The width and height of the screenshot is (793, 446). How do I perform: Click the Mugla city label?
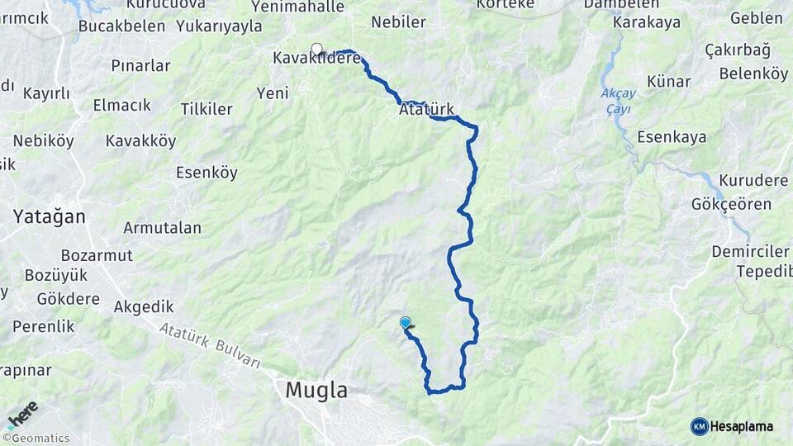coord(316,390)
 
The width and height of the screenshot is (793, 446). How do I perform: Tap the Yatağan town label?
coord(49,216)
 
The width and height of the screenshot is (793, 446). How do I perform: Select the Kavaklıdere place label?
coord(317,58)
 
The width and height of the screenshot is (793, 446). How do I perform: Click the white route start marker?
coord(316,49)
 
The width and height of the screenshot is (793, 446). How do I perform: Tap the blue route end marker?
coord(405,323)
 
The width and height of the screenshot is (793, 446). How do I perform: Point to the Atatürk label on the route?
coord(426,109)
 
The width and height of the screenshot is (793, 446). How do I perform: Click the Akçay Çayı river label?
coord(618,101)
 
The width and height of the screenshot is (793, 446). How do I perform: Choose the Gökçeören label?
coord(733,204)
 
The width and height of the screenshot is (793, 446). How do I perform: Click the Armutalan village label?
coord(162,227)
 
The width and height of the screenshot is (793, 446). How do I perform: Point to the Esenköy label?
coord(207,173)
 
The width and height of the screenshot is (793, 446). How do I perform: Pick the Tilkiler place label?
coord(206,109)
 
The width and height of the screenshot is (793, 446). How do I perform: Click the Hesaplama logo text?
coord(741,426)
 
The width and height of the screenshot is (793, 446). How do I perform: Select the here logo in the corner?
coord(22,415)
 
